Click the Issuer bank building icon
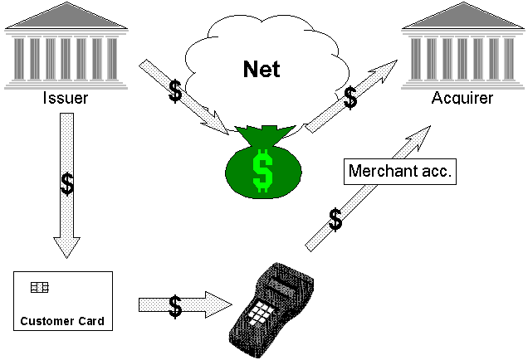pyautogui.click(x=65, y=45)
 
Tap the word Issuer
pyautogui.click(x=65, y=100)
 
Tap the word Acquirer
pyautogui.click(x=462, y=100)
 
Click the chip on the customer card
pyautogui.click(x=39, y=287)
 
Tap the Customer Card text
pyautogui.click(x=63, y=321)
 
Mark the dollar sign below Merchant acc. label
pyautogui.click(x=335, y=220)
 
